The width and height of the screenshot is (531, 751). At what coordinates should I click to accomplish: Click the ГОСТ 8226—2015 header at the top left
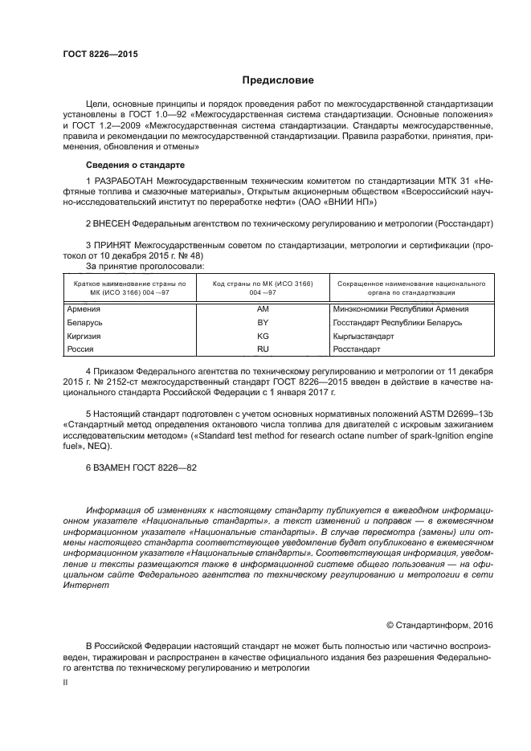(100, 54)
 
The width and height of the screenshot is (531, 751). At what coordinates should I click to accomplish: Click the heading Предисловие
(278, 80)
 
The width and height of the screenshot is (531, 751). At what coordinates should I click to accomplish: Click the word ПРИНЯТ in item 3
(115, 243)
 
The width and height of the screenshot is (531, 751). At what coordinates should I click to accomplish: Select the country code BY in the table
(263, 322)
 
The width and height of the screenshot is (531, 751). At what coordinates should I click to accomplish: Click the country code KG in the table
(263, 336)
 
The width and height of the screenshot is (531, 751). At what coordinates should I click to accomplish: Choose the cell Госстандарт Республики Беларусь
(398, 322)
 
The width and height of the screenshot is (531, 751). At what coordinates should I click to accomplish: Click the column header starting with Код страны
(263, 288)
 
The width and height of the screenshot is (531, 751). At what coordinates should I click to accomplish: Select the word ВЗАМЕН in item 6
(119, 467)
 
